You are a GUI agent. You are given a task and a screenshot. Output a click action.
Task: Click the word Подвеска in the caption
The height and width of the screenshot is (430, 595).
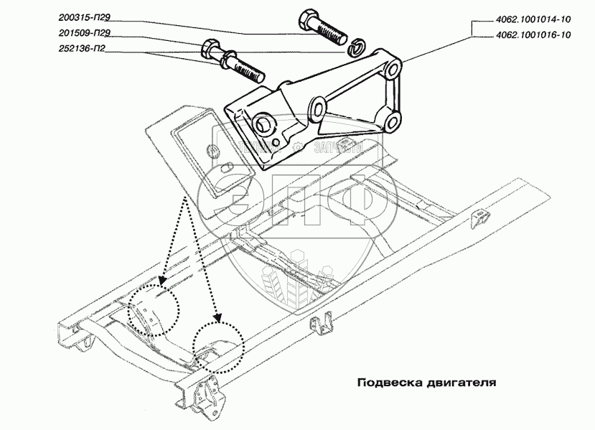click(x=388, y=383)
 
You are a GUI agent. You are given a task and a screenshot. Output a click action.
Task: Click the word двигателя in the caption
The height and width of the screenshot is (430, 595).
click(x=459, y=383)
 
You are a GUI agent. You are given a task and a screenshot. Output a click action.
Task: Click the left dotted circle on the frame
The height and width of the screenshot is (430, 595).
click(x=153, y=311)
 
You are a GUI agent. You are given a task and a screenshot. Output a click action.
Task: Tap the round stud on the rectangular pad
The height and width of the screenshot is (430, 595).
click(x=213, y=150)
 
